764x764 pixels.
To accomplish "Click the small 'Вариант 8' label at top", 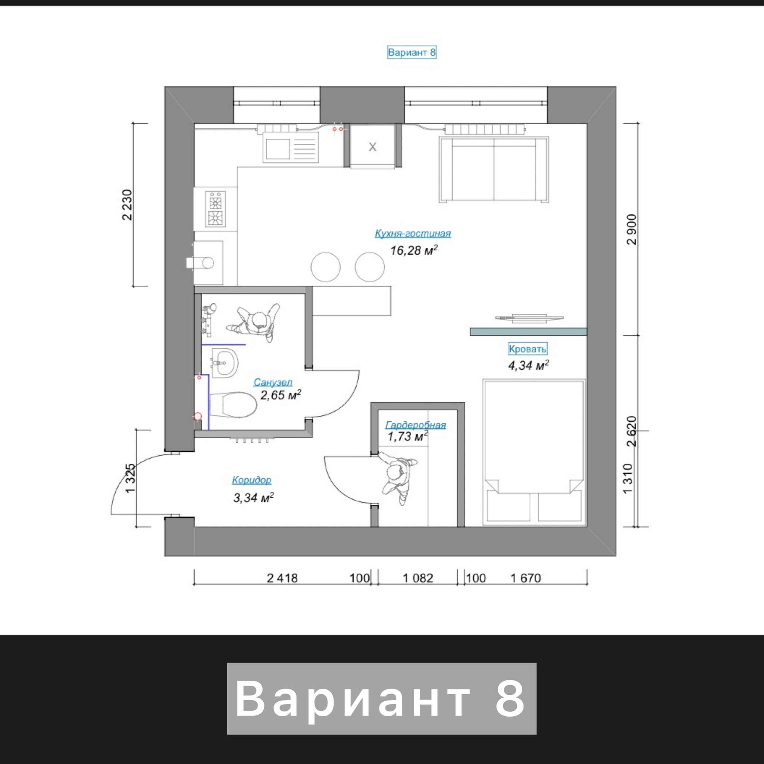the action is click(x=412, y=52).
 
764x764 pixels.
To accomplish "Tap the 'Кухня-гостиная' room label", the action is click(x=413, y=233).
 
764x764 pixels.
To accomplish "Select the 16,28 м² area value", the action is click(x=414, y=250).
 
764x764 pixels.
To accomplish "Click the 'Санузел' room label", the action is click(x=273, y=382).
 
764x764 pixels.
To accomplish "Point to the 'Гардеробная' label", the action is click(x=416, y=425).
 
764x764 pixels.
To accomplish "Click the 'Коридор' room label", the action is click(x=251, y=480).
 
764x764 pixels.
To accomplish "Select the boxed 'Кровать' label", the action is click(x=527, y=349).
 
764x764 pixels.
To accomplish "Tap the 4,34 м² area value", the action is click(x=528, y=365).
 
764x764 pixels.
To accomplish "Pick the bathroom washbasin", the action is click(x=225, y=363).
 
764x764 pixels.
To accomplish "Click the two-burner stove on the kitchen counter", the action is click(x=215, y=209).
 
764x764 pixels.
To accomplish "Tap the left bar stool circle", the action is click(x=325, y=267).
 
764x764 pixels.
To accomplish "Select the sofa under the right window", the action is click(x=494, y=170).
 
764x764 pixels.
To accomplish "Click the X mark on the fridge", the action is click(x=373, y=147).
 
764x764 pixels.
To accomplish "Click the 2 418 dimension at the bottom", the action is click(x=282, y=578).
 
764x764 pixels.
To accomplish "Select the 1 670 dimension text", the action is click(x=526, y=578).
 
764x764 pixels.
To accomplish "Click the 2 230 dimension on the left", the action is click(x=127, y=205).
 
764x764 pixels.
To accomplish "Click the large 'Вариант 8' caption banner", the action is click(x=382, y=699).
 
